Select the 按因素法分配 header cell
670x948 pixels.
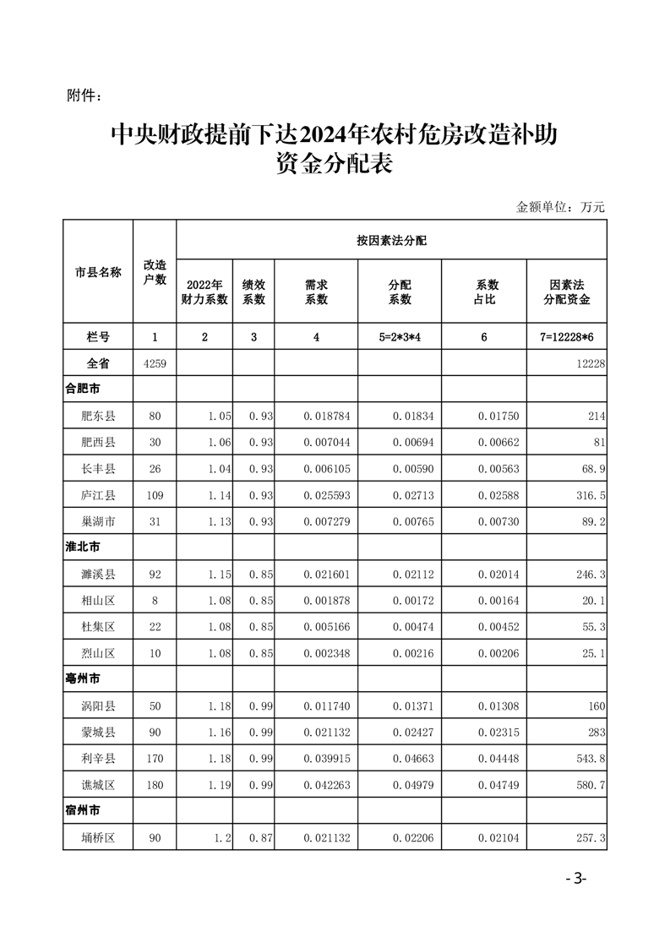391,241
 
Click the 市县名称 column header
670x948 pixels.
98,272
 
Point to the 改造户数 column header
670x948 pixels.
155,272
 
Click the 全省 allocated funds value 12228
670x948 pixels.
591,363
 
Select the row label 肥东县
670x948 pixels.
98,416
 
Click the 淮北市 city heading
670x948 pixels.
83,548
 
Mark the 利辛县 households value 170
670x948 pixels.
155,758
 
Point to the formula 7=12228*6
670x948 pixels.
567,337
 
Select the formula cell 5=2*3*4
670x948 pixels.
400,337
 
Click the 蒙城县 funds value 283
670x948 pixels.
596,732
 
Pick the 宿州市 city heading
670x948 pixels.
83,811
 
